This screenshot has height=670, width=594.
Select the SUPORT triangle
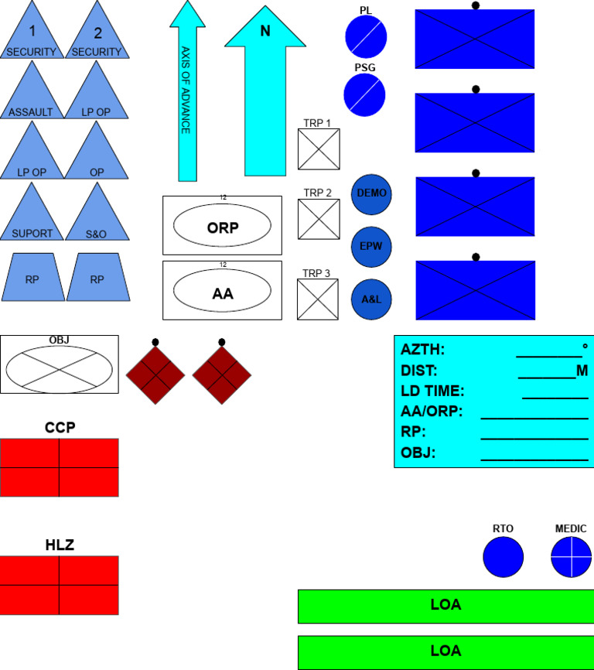[x=32, y=217]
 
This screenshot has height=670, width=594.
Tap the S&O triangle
[x=97, y=217]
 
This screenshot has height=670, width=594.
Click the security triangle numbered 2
[x=97, y=35]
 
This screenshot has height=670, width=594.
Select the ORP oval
[x=222, y=227]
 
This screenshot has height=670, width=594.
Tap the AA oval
[x=222, y=292]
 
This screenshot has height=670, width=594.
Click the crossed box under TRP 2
[x=319, y=219]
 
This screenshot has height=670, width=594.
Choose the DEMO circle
[x=372, y=193]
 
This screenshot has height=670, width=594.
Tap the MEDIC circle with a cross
[x=571, y=557]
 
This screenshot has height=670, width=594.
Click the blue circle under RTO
[x=503, y=557]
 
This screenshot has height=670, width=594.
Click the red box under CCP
[x=60, y=467]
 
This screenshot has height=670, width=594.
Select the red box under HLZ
[x=60, y=585]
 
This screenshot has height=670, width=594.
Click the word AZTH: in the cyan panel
[x=422, y=350]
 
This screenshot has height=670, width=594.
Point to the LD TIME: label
[x=432, y=391]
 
